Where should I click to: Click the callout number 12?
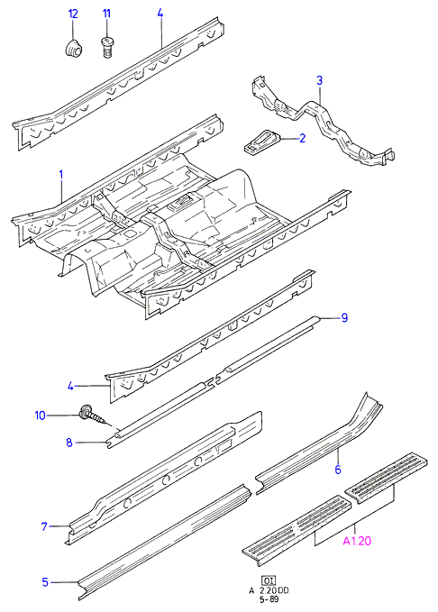click(x=73, y=14)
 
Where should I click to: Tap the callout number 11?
click(x=106, y=14)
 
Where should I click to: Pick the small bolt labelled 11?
click(x=106, y=47)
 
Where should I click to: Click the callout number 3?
click(x=319, y=81)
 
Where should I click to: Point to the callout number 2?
click(x=303, y=138)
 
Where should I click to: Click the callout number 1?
click(x=61, y=175)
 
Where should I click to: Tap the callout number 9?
click(x=344, y=317)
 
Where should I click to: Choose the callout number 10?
click(x=41, y=416)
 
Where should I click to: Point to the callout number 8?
click(x=69, y=443)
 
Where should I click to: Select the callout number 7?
click(x=44, y=526)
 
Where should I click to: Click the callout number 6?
click(x=338, y=470)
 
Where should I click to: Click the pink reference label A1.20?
click(x=357, y=541)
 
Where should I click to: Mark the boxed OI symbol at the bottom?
click(x=268, y=580)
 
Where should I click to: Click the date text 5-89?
click(x=269, y=599)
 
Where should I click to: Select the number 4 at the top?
click(x=160, y=14)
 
